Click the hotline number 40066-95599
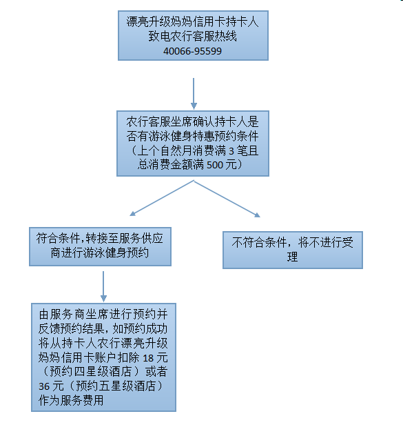[192, 51]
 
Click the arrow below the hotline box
[194, 94]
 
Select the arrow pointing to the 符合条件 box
[162, 198]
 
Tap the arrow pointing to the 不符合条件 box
[227, 199]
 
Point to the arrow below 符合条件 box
[103, 286]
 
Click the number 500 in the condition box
[215, 165]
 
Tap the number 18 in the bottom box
[148, 358]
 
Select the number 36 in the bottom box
[44, 386]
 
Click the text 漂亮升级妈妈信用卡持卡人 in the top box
[193, 21]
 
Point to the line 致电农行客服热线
[193, 37]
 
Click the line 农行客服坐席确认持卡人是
[193, 122]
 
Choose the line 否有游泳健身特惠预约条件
[193, 136]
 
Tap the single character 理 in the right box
[292, 257]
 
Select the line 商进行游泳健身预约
[100, 253]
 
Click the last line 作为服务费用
[71, 400]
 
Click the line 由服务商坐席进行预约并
[103, 315]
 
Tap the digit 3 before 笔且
[231, 150]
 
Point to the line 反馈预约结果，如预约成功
[103, 329]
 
